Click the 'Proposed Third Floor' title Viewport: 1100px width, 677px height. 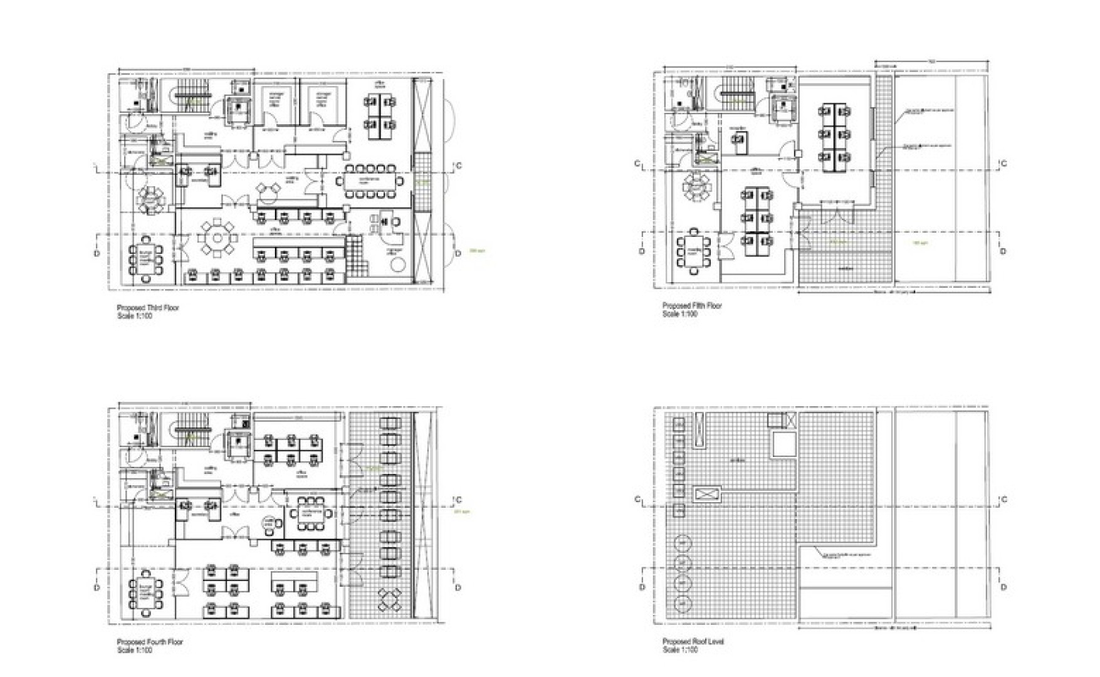tap(148, 308)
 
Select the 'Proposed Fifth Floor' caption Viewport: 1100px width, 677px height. tap(692, 306)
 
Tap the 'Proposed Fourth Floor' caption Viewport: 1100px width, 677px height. tap(150, 643)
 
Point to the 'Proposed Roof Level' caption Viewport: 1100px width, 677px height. tap(693, 643)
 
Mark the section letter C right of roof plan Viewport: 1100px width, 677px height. tap(1003, 500)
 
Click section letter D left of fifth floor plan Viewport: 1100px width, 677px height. tap(641, 251)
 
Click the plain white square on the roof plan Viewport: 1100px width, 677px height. tap(783, 444)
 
